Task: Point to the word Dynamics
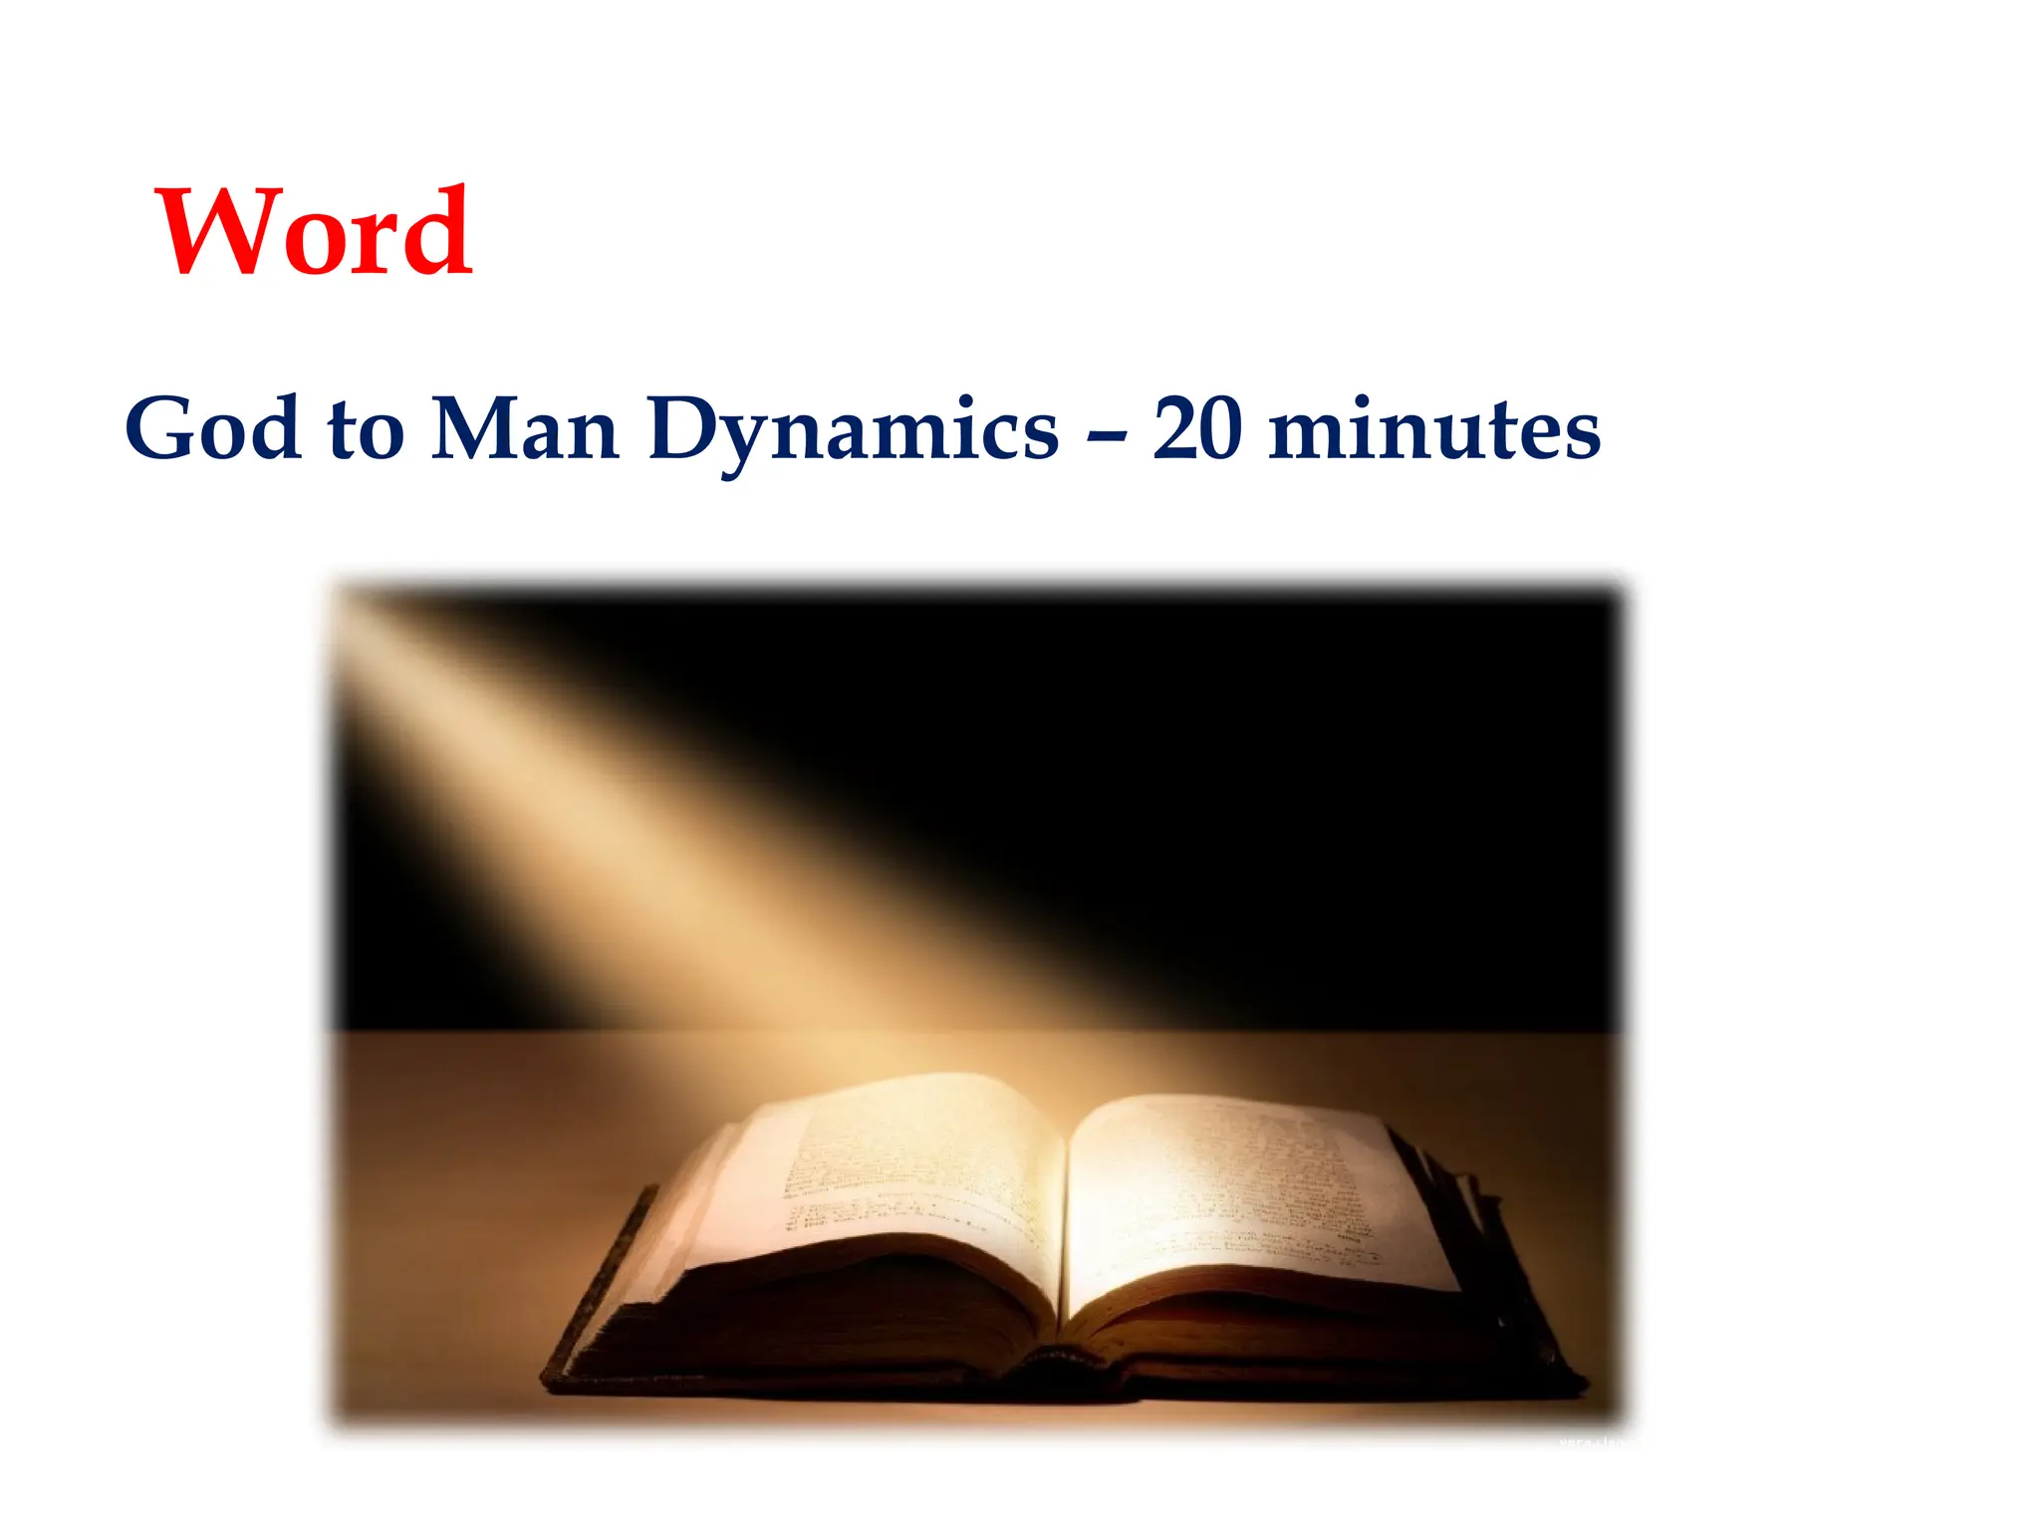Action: pos(853,430)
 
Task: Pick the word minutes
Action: pos(1434,430)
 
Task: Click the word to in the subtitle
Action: pos(366,430)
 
